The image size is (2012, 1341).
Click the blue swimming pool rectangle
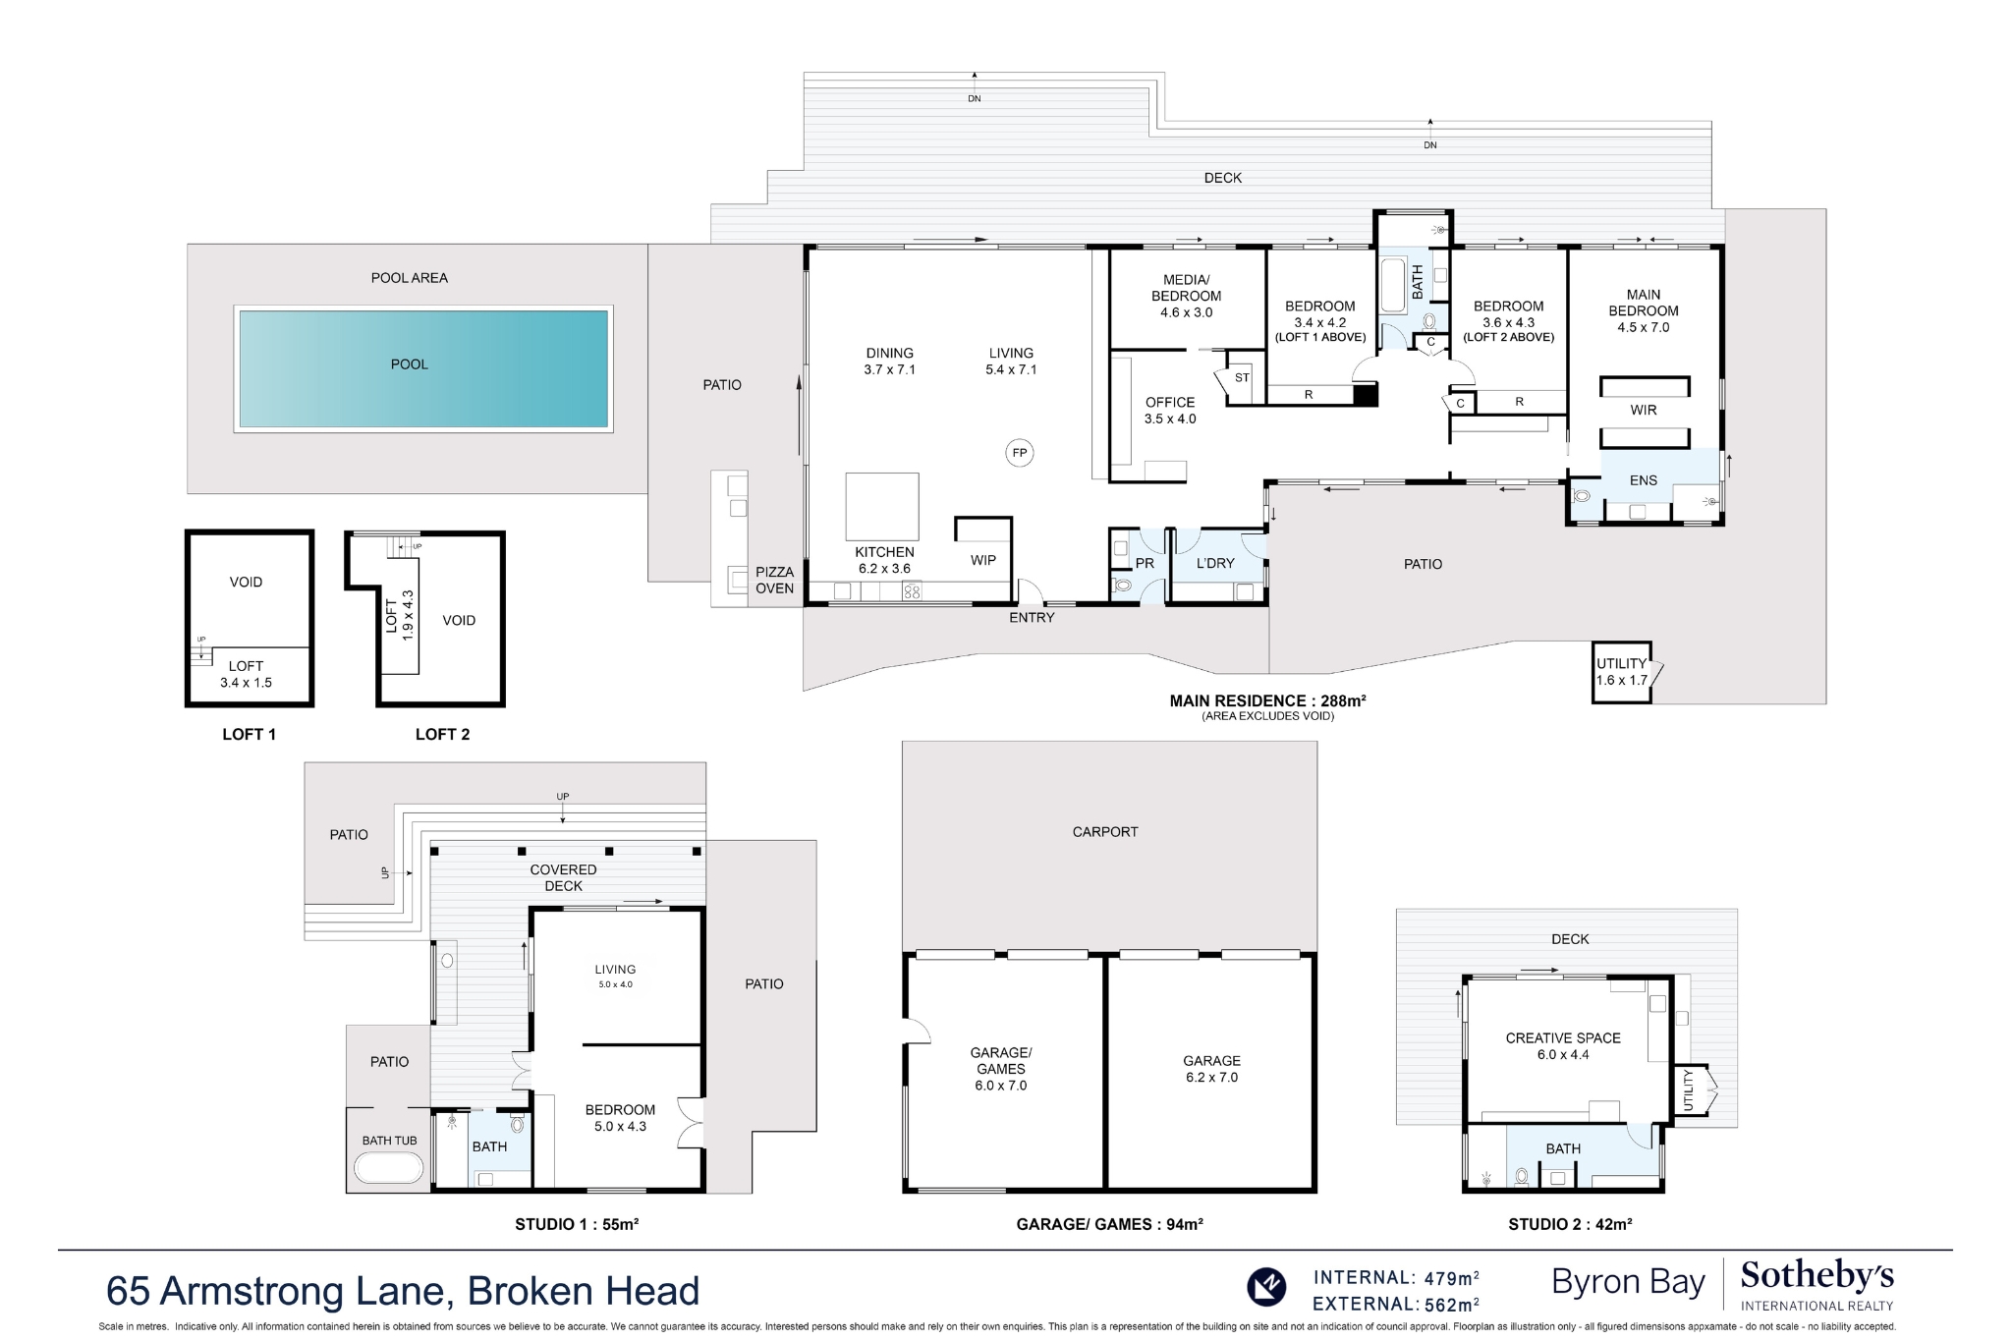[423, 368]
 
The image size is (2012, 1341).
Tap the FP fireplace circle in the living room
[1020, 453]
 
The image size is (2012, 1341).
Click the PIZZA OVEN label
[774, 580]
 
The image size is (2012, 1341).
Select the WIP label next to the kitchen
[982, 560]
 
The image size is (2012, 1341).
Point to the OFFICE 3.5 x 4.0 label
[1169, 411]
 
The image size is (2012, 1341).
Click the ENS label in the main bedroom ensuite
[1643, 480]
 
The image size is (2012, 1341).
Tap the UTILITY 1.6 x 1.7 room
[1621, 672]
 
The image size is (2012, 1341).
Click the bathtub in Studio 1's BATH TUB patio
[389, 1168]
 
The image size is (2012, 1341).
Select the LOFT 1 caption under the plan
[249, 734]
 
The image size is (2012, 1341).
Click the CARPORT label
[1104, 831]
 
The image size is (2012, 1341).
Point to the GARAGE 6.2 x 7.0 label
[1211, 1069]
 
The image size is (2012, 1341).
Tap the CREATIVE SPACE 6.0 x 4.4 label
[1562, 1045]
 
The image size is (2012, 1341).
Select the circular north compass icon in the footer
[1266, 1286]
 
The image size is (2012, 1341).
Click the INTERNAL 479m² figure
[1396, 1277]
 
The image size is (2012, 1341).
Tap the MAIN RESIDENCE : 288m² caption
[1267, 701]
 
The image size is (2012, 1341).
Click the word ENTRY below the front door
[1031, 617]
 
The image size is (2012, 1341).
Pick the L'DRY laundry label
[1215, 563]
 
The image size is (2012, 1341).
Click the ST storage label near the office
[1242, 377]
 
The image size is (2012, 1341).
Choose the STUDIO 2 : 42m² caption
[1570, 1224]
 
